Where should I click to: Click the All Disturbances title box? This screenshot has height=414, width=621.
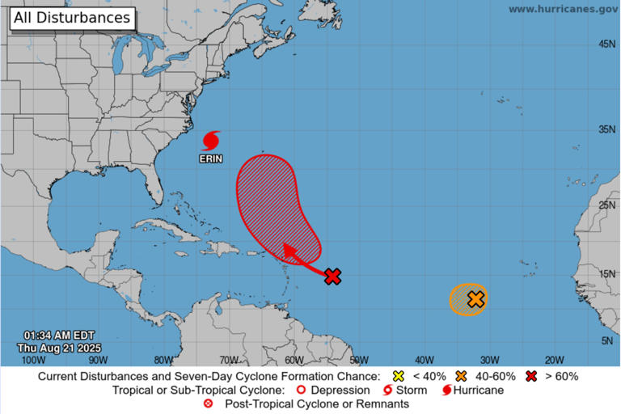pyautogui.click(x=70, y=17)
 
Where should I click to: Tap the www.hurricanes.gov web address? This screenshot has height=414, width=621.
pyautogui.click(x=563, y=8)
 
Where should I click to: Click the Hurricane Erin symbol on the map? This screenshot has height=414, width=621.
pyautogui.click(x=211, y=140)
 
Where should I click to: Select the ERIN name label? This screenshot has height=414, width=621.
pyautogui.click(x=211, y=159)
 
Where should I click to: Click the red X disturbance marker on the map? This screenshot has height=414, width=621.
pyautogui.click(x=332, y=277)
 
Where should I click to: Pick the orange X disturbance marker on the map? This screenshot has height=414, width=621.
pyautogui.click(x=475, y=299)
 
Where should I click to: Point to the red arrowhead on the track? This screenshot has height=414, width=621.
pyautogui.click(x=289, y=249)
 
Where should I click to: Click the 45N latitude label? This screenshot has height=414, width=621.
pyautogui.click(x=606, y=44)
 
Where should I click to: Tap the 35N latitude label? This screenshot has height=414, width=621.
pyautogui.click(x=606, y=129)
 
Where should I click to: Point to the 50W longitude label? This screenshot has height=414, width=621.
pyautogui.click(x=359, y=360)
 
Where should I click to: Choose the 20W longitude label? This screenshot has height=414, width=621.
pyautogui.click(x=554, y=360)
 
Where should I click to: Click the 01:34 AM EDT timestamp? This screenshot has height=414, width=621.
pyautogui.click(x=59, y=336)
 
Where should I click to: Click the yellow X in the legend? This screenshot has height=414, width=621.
pyautogui.click(x=397, y=376)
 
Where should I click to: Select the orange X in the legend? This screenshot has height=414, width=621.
pyautogui.click(x=462, y=376)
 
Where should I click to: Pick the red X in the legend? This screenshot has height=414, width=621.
pyautogui.click(x=531, y=376)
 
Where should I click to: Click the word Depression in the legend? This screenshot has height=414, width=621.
pyautogui.click(x=340, y=390)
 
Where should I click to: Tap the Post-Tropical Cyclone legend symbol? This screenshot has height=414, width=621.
pyautogui.click(x=209, y=403)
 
